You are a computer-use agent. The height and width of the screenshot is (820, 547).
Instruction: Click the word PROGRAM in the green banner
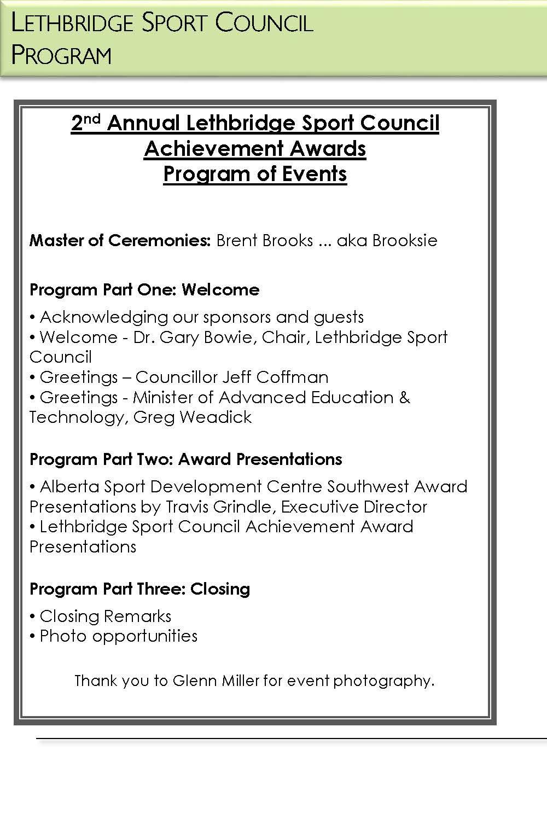point(61,55)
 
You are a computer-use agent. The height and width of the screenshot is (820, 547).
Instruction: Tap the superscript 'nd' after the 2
point(92,119)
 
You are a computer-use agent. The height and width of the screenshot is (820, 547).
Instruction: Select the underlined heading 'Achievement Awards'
point(255,149)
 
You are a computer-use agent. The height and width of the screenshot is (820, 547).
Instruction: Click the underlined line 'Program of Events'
point(255,174)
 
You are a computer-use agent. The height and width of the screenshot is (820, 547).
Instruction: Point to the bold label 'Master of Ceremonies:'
point(120,241)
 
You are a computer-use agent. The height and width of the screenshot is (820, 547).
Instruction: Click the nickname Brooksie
point(405,241)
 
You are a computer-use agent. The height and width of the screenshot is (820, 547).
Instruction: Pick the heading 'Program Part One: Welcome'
point(144,289)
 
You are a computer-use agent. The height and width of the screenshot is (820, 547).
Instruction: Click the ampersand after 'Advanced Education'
point(405,397)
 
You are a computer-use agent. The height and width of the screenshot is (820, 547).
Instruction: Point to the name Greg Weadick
point(193,417)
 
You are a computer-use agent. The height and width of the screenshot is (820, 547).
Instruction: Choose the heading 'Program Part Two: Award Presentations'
point(186,459)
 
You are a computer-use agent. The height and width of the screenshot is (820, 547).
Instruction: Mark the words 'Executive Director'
point(354,507)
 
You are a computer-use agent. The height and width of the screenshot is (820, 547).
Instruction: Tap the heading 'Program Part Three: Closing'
point(140,589)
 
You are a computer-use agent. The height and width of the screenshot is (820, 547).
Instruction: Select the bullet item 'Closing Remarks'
point(105,617)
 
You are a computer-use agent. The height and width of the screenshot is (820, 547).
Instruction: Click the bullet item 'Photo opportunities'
point(118,636)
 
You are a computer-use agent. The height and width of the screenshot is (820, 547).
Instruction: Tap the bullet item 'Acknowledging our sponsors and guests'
point(201,317)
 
